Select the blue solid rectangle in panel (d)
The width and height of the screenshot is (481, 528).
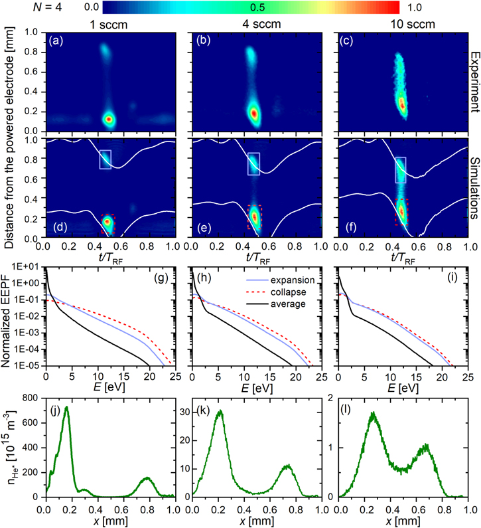(106, 159)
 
